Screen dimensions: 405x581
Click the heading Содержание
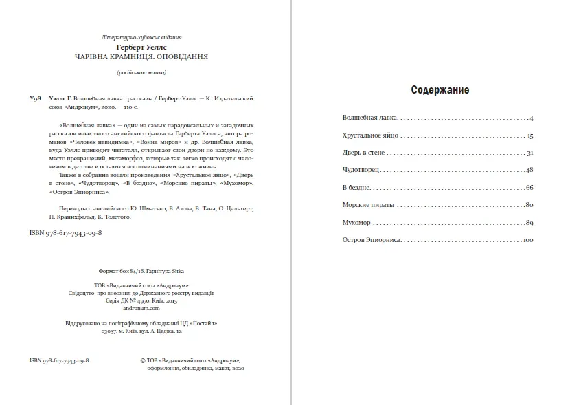pyautogui.click(x=440, y=90)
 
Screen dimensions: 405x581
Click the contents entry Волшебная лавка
pyautogui.click(x=369, y=119)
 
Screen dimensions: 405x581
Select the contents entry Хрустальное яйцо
pyautogui.click(x=370, y=136)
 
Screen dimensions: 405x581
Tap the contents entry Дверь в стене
pyautogui.click(x=364, y=153)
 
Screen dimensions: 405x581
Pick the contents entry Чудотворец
pyautogui.click(x=361, y=170)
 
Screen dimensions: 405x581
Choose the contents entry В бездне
pyautogui.click(x=357, y=187)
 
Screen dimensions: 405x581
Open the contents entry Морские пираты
pyautogui.click(x=366, y=205)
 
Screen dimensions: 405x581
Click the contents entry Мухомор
pyautogui.click(x=356, y=222)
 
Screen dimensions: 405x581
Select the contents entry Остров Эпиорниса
pyautogui.click(x=372, y=240)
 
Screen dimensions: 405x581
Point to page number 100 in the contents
pyautogui.click(x=528, y=240)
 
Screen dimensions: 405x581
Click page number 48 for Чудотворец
pyautogui.click(x=529, y=170)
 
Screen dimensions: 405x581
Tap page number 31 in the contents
pyautogui.click(x=530, y=153)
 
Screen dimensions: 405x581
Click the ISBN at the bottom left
pyautogui.click(x=60, y=360)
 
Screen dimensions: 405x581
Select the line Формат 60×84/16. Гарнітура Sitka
pyautogui.click(x=141, y=271)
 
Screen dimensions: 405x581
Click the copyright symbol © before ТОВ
pyautogui.click(x=142, y=360)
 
